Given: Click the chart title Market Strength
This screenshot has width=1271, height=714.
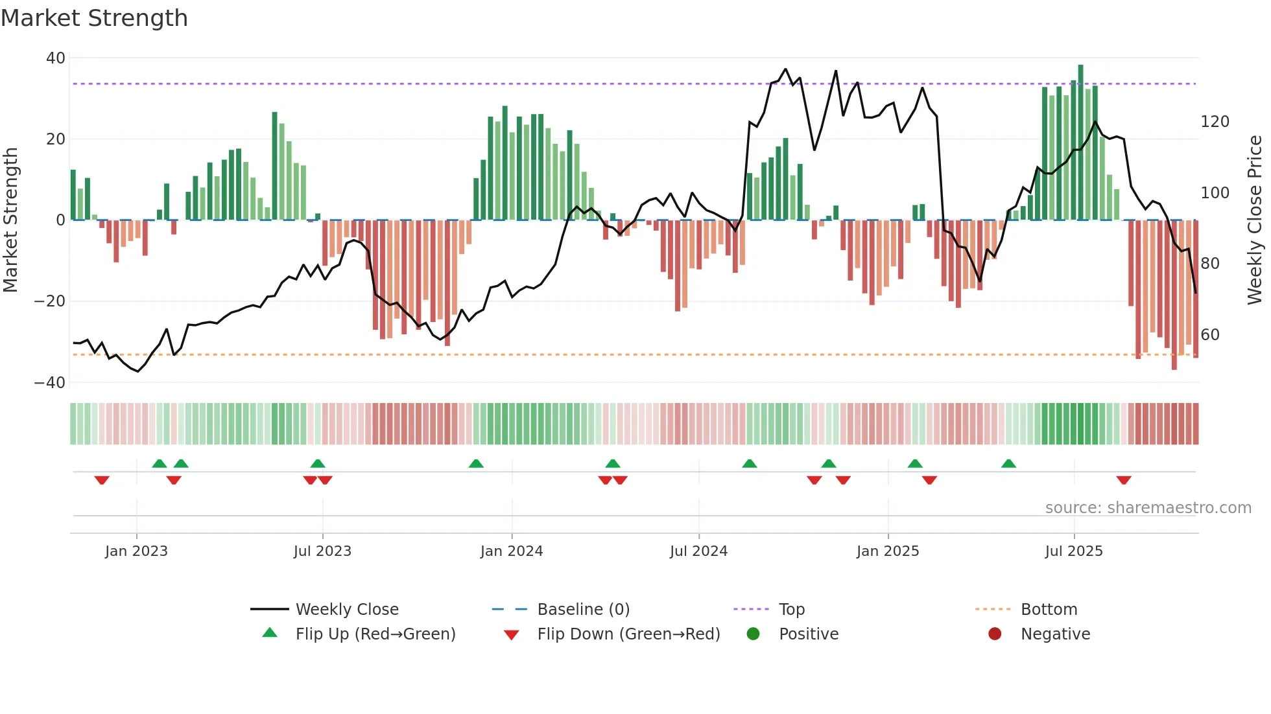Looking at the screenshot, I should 94,18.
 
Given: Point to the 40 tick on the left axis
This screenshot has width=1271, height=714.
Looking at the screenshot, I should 56,58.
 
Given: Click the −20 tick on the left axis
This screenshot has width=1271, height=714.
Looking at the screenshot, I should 50,301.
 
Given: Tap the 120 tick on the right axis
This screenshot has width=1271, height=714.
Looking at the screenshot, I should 1215,122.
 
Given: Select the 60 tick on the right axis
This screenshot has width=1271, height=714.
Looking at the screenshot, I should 1210,335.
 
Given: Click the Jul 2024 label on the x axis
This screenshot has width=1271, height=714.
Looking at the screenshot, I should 698,551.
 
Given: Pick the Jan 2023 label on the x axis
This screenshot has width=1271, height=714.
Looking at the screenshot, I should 136,551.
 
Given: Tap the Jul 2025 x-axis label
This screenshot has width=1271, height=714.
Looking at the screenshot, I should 1074,551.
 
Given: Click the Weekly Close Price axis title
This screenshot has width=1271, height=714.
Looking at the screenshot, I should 1255,220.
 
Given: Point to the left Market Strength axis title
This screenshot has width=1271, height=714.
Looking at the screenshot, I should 11,220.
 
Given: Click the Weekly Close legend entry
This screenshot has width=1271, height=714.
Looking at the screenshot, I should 347,610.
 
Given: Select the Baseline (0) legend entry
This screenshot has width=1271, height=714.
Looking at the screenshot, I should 583,610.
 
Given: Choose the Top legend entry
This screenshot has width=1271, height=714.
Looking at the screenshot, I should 791,610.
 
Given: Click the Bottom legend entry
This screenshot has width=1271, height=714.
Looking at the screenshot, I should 1049,610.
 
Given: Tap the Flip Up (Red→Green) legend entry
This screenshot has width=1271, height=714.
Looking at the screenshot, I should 375,634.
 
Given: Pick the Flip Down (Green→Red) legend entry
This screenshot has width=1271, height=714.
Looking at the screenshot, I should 628,634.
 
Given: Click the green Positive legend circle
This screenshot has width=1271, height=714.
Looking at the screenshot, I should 753,634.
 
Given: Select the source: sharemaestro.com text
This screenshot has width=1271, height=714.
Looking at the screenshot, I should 1148,508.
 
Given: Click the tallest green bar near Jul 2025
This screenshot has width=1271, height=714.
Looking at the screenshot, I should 1080,143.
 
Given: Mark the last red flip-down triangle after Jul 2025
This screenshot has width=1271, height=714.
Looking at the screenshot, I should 1124,480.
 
